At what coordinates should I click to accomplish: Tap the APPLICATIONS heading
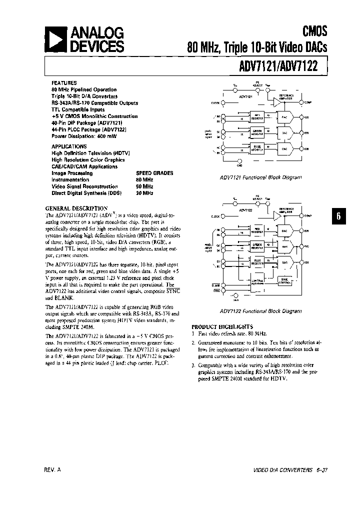(69, 146)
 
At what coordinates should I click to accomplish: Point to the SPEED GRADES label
(154, 173)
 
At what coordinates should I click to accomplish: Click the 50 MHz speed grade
(144, 186)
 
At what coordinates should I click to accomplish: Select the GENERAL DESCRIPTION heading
(76, 208)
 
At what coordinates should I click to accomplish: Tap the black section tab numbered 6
(338, 216)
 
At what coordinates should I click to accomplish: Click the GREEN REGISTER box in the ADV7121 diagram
(257, 132)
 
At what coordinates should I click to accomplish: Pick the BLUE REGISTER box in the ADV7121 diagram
(257, 148)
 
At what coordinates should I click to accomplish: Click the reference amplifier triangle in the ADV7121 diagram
(276, 102)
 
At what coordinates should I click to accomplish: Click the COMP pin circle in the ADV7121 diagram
(301, 102)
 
